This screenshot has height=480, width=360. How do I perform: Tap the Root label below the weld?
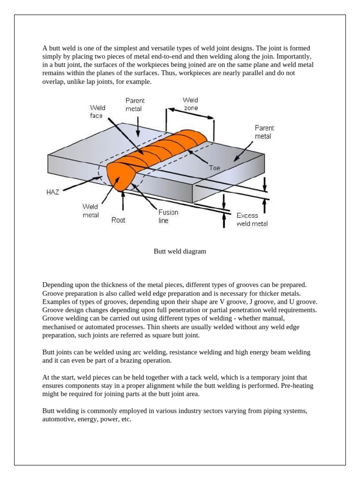[118, 220]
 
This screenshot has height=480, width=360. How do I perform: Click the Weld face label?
[97, 112]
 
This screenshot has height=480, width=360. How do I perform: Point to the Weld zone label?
[190, 104]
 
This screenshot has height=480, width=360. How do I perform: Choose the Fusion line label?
[168, 216]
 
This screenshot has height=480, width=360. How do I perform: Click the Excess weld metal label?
[252, 219]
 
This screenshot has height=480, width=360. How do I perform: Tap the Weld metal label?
[90, 211]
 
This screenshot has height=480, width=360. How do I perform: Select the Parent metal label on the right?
[264, 132]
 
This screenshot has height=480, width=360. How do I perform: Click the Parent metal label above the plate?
[135, 105]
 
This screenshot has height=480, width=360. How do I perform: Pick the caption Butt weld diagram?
[180, 251]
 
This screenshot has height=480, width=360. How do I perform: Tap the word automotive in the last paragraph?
[58, 420]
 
